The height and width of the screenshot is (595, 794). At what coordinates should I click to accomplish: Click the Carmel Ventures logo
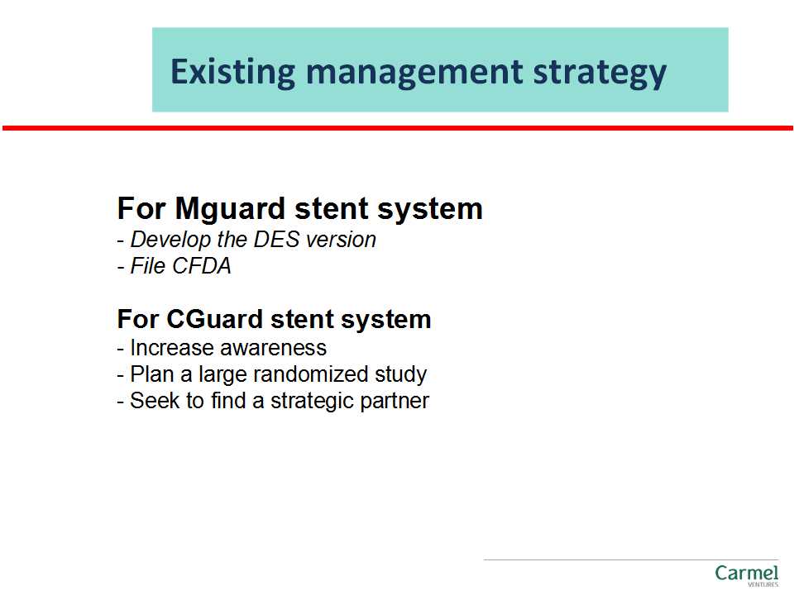coord(746,576)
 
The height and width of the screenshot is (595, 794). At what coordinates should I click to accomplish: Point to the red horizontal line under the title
coord(398,129)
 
